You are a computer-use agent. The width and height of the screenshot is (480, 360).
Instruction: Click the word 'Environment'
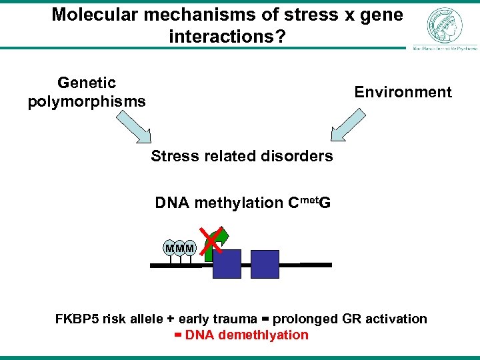coord(403,92)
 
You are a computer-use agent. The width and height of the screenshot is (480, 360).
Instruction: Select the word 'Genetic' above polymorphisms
coord(87,83)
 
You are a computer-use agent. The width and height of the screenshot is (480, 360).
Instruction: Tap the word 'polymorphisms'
coord(87,102)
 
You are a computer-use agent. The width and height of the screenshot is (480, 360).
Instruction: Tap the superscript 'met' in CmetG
coord(307,199)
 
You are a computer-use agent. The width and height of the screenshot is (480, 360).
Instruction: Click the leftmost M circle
coord(169,249)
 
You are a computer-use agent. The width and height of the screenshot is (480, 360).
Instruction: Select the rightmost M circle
coord(190,249)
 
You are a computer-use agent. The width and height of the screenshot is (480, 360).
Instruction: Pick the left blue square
coord(227,264)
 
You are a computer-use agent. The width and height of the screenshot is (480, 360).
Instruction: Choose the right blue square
coord(265,264)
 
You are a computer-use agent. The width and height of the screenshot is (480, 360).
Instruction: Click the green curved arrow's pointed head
coord(223,234)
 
